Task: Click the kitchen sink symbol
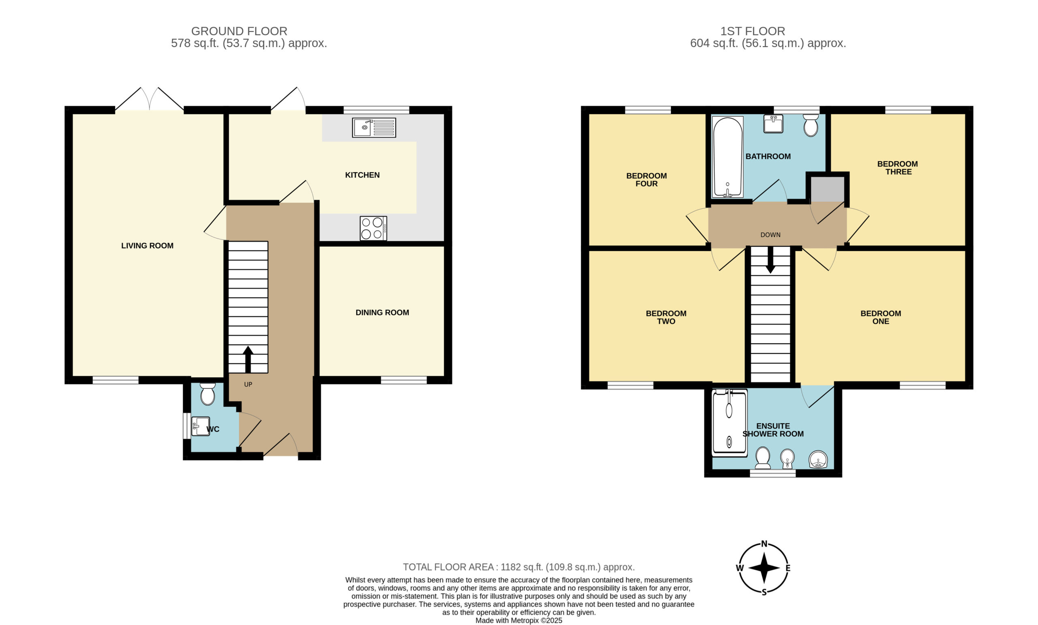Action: point(374,128)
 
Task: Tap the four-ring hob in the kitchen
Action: point(373,228)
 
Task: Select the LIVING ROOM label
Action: point(148,246)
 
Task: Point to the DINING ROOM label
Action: point(382,312)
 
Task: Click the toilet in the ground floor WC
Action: point(208,394)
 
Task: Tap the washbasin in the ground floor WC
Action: point(201,426)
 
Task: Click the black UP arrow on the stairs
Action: point(248,359)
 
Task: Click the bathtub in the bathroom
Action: point(727,157)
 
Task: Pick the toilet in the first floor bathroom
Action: point(811,126)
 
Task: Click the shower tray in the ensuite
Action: point(729,423)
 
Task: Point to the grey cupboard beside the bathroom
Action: point(828,189)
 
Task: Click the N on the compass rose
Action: point(764,543)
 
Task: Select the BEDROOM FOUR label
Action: point(646,180)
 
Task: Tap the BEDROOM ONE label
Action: point(880,317)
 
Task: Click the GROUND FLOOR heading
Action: point(239,31)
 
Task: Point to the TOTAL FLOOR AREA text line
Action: point(519,567)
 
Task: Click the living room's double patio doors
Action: point(150,99)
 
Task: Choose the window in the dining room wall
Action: point(404,380)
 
